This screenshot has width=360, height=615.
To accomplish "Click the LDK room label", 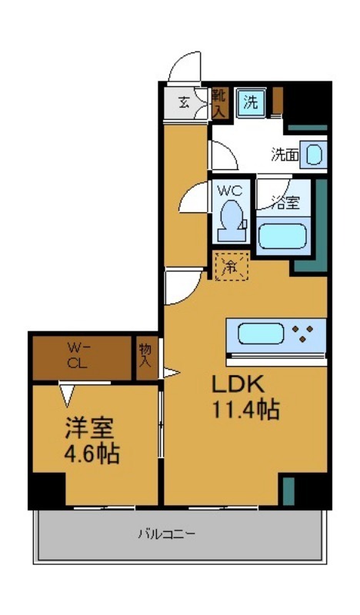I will point(238,384).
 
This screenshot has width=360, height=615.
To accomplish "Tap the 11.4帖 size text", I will point(245,410).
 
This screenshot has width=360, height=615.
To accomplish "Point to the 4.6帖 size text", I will point(91,454).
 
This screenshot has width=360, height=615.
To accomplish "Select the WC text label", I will point(231,190).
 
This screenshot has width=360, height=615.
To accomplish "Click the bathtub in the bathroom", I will point(283,235).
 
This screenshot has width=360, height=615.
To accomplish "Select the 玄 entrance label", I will point(185,101).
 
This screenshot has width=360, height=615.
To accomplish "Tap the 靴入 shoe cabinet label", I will point(219,102).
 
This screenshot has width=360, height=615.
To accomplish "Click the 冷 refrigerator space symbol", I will point(230,267).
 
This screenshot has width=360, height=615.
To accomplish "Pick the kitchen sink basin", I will point(260,334).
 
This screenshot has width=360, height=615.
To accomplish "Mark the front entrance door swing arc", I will point(185,67).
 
